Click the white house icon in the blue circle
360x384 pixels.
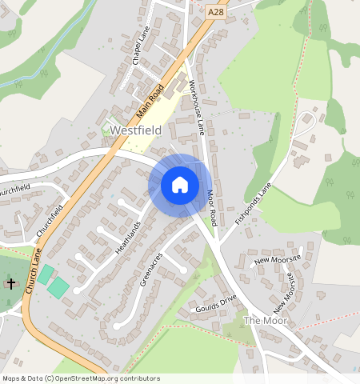coord(180,185)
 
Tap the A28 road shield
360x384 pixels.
coord(215,12)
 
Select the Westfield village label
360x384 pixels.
coord(137,130)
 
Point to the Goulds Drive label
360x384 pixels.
coord(217,303)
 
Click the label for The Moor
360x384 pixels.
coord(264,320)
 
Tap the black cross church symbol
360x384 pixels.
coord(11,283)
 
